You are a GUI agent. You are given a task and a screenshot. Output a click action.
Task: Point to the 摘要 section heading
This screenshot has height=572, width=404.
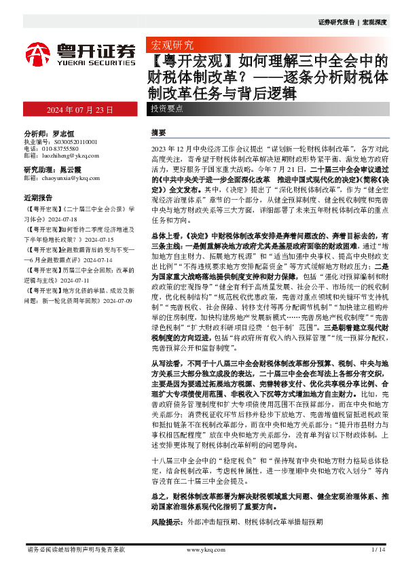click(158, 132)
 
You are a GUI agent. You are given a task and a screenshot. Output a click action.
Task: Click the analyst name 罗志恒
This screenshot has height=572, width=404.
click(62, 134)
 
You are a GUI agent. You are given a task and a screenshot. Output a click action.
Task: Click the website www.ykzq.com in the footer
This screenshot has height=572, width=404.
click(201, 549)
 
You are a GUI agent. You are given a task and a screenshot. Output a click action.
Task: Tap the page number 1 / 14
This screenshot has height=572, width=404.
click(378, 549)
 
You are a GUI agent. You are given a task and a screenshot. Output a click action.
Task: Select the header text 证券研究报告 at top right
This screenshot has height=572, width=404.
click(337, 22)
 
